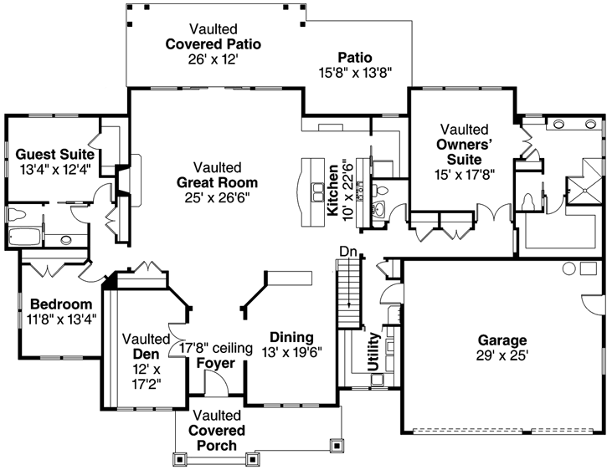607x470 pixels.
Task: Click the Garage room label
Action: tap(502, 340)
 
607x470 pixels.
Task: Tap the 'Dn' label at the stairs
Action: tap(348, 251)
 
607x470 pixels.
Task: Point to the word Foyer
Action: tap(215, 362)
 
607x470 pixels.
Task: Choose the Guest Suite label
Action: tap(54, 155)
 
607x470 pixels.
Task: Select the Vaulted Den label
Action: tap(147, 346)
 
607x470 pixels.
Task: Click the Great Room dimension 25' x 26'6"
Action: tap(217, 197)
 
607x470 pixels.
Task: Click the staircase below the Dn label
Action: tap(347, 297)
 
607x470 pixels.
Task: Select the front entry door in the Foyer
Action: tap(215, 386)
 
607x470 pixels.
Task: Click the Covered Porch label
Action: tap(217, 431)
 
